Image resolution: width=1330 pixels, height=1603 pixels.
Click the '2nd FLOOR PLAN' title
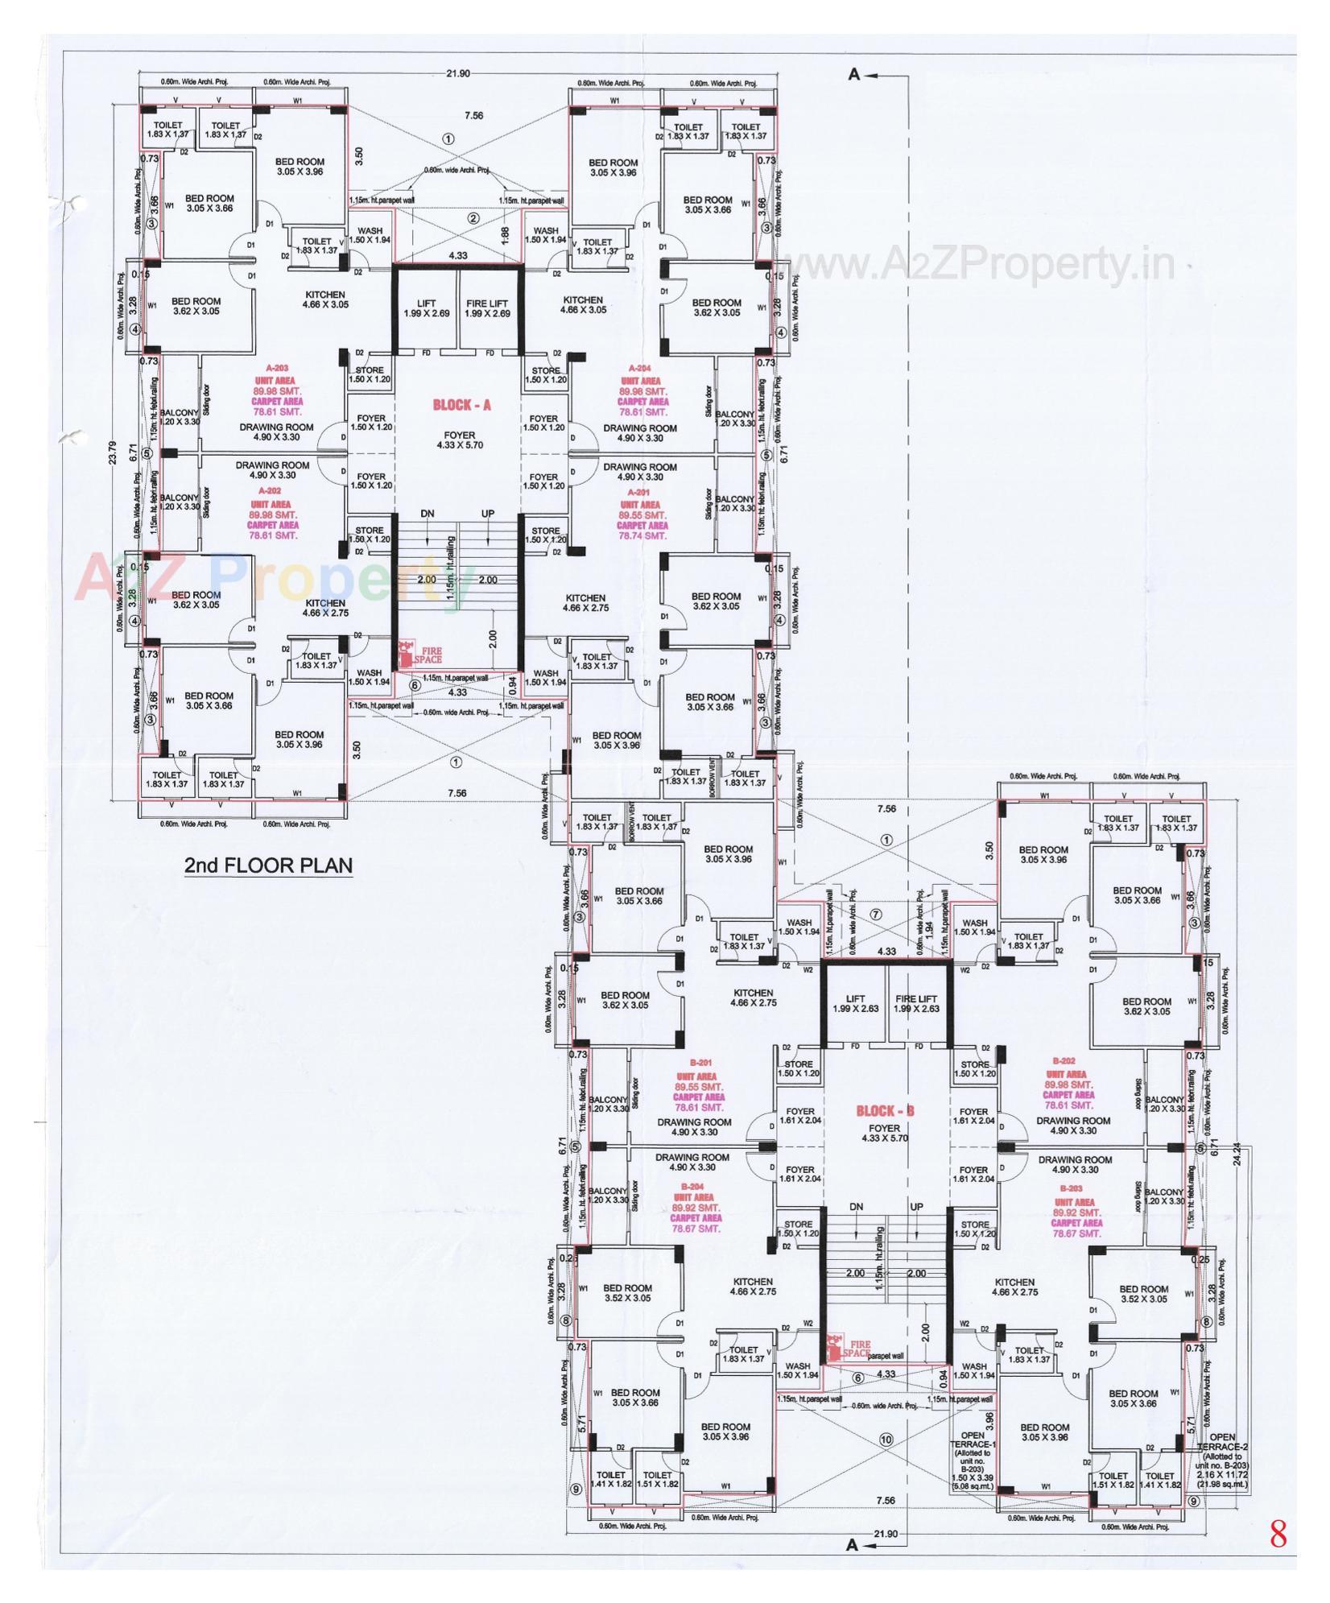268,866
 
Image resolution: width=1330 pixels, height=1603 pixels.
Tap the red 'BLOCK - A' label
462,405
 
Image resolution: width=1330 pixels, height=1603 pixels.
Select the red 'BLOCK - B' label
885,1111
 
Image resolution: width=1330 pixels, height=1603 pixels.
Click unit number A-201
642,493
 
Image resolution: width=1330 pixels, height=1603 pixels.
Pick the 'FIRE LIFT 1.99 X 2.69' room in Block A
488,308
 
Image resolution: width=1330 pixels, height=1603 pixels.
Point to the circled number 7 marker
876,914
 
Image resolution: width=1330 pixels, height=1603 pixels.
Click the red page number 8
1278,1535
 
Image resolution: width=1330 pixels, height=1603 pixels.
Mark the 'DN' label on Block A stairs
428,514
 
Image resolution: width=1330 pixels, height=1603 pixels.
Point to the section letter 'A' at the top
854,75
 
